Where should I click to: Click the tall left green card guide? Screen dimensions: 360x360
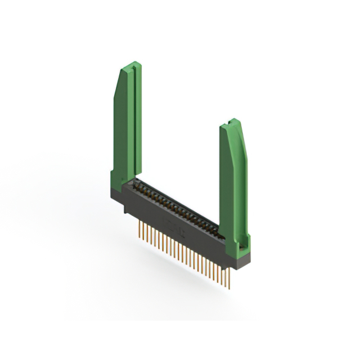(127, 124)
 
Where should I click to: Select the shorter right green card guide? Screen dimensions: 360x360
(233, 180)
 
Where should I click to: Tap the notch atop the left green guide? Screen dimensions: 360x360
(133, 65)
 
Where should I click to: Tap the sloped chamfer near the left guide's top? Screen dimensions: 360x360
(119, 84)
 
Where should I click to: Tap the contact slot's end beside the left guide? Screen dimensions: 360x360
(137, 183)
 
